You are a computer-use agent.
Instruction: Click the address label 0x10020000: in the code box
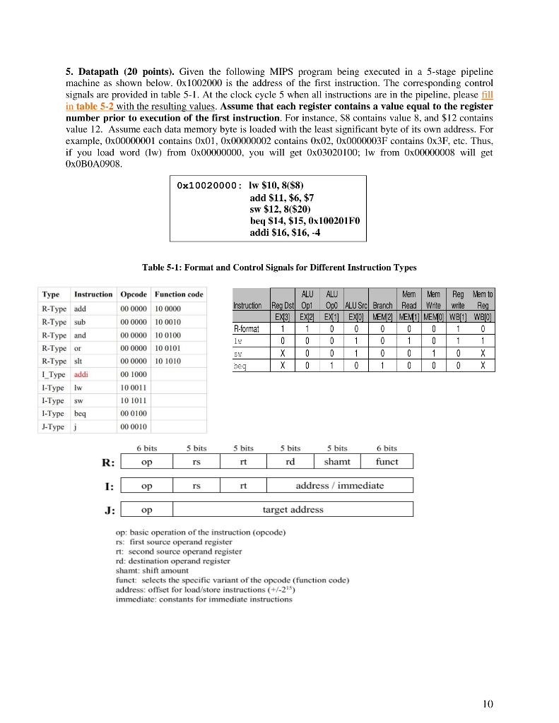pyautogui.click(x=208, y=186)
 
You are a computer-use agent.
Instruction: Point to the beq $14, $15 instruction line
pyautogui.click(x=305, y=221)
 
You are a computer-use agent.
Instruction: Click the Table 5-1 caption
pyautogui.click(x=279, y=268)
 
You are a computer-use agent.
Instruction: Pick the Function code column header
pyautogui.click(x=179, y=294)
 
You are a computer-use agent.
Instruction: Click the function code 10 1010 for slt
pyautogui.click(x=168, y=361)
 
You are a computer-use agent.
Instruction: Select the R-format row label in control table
pyautogui.click(x=247, y=328)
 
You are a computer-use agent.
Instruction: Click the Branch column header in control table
pyautogui.click(x=382, y=306)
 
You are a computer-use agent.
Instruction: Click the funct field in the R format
pyautogui.click(x=387, y=461)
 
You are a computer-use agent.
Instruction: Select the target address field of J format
pyautogui.click(x=293, y=509)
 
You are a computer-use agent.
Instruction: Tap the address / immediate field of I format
pyautogui.click(x=340, y=485)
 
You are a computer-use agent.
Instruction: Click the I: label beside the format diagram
pyautogui.click(x=107, y=486)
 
